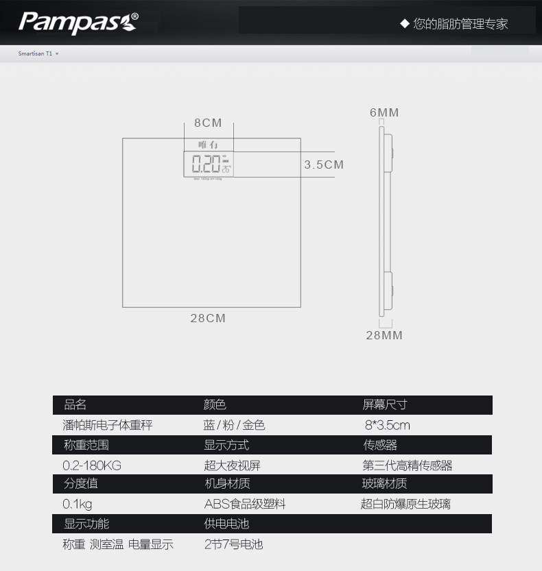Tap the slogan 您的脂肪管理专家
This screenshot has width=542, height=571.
(x=454, y=24)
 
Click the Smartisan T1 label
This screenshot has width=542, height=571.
(x=36, y=53)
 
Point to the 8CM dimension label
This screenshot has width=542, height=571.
(x=208, y=123)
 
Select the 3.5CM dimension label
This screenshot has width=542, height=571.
(x=324, y=165)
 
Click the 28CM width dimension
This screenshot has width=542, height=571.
(x=208, y=318)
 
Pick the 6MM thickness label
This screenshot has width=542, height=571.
(x=384, y=112)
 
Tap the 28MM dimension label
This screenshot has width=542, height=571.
(x=384, y=335)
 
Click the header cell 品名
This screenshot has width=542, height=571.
(x=75, y=405)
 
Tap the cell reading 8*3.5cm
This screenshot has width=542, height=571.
(x=387, y=425)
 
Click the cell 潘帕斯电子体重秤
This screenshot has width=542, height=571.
(x=107, y=425)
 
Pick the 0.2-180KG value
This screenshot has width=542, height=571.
(x=92, y=465)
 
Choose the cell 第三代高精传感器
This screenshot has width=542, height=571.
(x=408, y=465)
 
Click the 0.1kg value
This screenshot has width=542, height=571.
(x=78, y=505)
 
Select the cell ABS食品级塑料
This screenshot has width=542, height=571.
(x=245, y=505)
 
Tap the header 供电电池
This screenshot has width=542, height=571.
(x=226, y=524)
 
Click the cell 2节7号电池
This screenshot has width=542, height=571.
(x=233, y=544)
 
